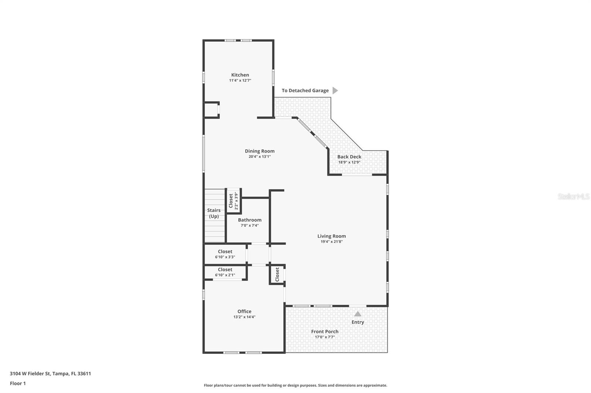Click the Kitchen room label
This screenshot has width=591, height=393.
(240, 75)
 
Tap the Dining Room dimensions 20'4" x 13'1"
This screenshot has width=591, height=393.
(260, 157)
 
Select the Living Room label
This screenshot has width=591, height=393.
(331, 236)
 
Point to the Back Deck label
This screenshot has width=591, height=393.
(349, 157)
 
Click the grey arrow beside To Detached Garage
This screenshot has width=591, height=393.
(335, 90)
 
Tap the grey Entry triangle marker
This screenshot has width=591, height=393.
(358, 314)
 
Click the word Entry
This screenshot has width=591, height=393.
(358, 322)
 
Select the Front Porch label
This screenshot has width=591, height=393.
(325, 331)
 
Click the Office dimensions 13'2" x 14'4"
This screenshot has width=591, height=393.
(244, 317)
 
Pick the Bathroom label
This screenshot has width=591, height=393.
(250, 220)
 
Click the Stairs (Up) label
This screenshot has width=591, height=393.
(214, 213)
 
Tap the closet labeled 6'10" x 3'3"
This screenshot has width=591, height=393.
(225, 254)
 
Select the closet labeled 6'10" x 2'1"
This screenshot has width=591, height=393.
(225, 272)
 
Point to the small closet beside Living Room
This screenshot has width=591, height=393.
(277, 274)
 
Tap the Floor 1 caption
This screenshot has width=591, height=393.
(18, 383)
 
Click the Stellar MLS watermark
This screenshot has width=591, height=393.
(573, 196)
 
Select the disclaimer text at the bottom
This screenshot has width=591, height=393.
(295, 385)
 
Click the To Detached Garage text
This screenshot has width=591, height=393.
(305, 91)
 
